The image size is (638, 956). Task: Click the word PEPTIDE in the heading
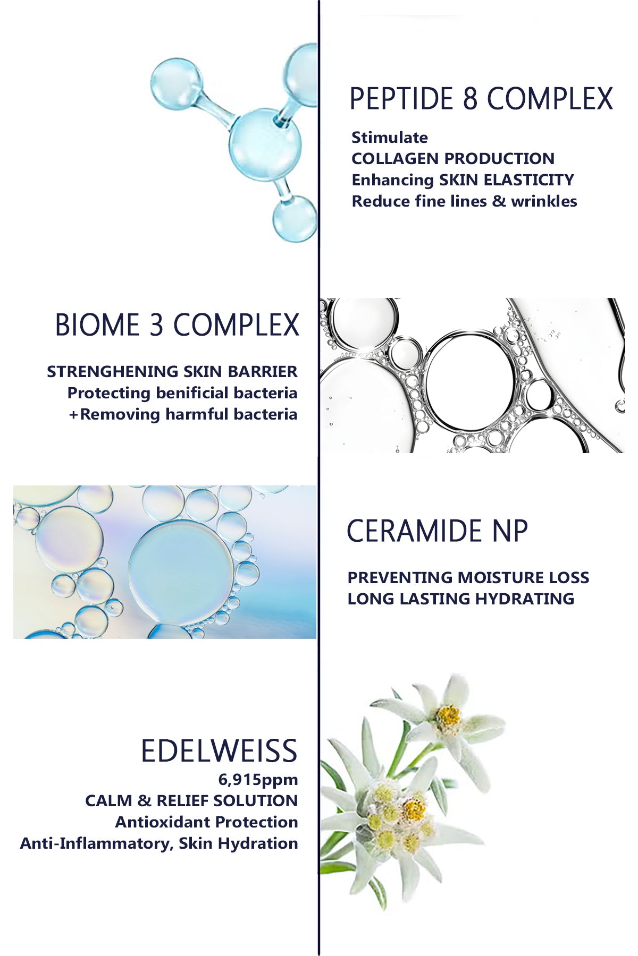point(401,99)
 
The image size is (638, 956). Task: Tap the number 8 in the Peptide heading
point(470,99)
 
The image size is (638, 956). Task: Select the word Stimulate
point(390,138)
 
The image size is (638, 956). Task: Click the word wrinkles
point(544,201)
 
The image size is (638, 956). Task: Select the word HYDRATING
point(525,599)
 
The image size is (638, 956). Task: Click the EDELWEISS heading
point(219,750)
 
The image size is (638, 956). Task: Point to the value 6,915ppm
point(258,780)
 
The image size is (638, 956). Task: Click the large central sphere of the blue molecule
point(265,144)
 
